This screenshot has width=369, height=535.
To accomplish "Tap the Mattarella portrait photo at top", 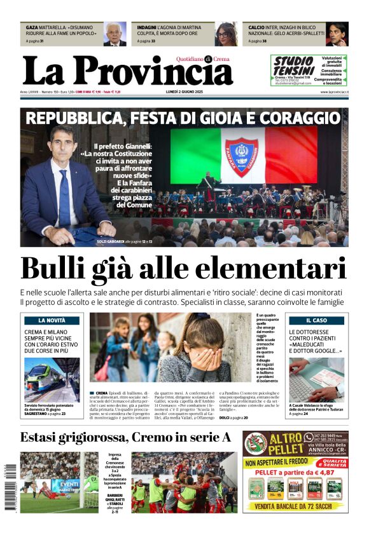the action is pyautogui.click(x=115, y=34).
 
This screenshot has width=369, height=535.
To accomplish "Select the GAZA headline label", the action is pyautogui.click(x=32, y=29).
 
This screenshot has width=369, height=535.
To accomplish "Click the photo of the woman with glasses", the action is pyautogui.click(x=226, y=34).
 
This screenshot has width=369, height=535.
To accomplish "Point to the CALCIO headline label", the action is pyautogui.click(x=256, y=29).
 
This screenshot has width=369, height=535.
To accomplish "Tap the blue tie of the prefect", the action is pyautogui.click(x=64, y=198).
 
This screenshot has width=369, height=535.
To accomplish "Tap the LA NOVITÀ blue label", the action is pyautogui.click(x=52, y=321).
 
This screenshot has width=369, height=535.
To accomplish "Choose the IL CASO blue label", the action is pyautogui.click(x=316, y=321).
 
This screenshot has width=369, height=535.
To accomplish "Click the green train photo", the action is pyautogui.click(x=52, y=379).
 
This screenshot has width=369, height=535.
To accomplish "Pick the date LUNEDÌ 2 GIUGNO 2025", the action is pyautogui.click(x=187, y=93).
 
